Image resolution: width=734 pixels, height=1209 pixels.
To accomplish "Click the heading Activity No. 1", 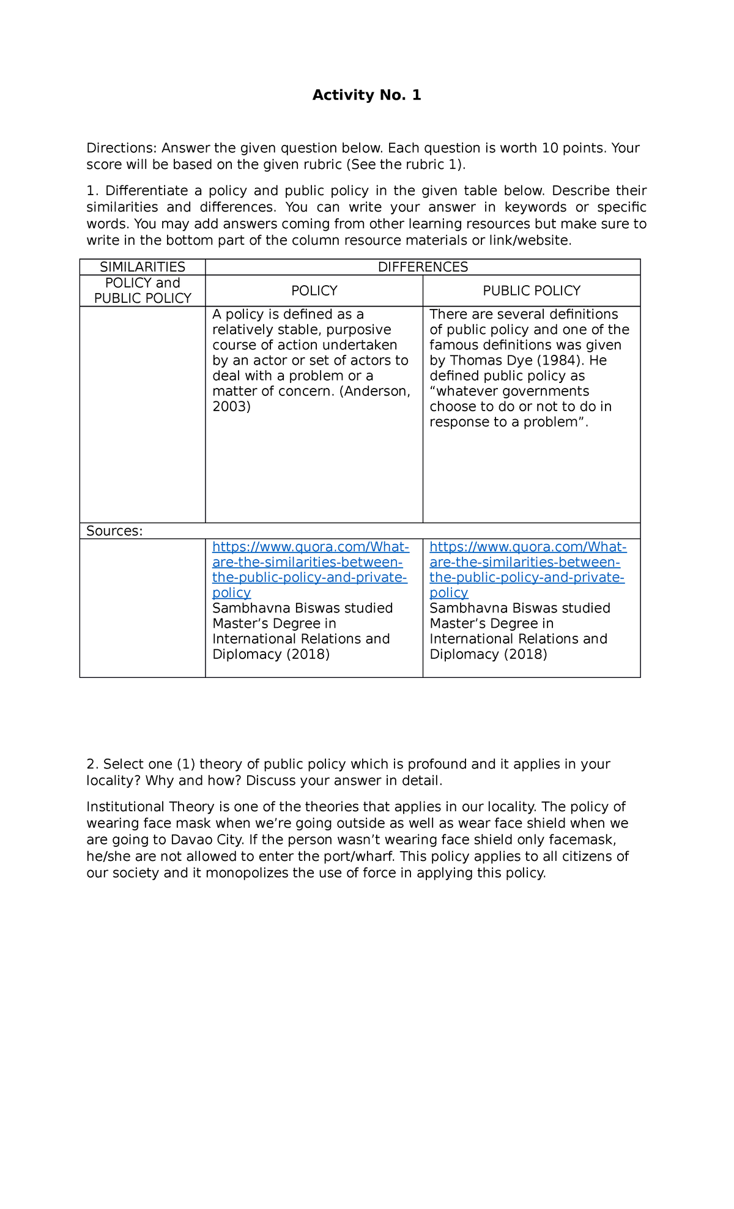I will click(366, 95).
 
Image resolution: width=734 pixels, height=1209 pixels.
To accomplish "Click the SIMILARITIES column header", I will click(143, 267).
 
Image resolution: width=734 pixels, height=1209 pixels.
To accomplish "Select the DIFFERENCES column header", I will click(423, 267).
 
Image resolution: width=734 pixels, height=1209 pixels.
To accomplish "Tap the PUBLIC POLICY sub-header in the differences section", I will click(532, 291).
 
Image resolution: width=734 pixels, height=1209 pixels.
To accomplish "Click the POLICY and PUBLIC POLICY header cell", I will click(143, 291).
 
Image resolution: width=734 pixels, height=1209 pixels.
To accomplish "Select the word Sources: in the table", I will click(114, 531).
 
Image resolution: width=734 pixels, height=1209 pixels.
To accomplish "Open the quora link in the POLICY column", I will click(310, 570).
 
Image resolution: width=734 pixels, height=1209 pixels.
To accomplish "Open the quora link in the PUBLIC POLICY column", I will click(527, 570).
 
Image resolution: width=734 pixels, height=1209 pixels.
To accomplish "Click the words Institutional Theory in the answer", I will click(150, 807).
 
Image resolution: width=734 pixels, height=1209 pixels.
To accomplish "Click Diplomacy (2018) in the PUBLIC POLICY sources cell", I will click(488, 655).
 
